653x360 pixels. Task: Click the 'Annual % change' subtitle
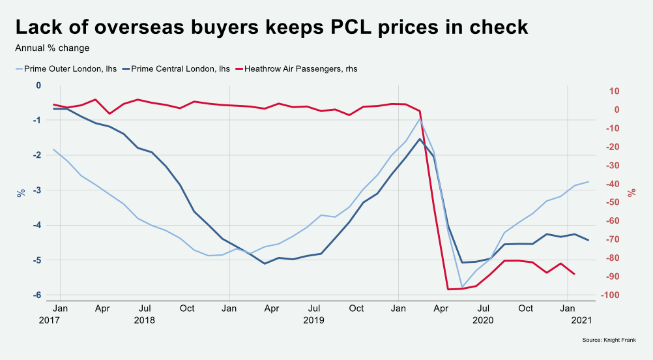(52, 48)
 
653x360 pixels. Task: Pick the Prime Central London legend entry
(175, 68)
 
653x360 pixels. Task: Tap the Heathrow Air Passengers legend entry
(296, 68)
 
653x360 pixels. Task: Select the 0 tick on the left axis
(38, 85)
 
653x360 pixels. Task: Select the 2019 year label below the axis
(313, 320)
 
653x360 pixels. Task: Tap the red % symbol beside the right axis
(631, 193)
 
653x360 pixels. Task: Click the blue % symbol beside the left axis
(21, 193)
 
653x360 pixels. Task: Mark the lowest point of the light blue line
(462, 287)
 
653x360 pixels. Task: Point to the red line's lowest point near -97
(448, 289)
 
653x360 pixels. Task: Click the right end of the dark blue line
(588, 240)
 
